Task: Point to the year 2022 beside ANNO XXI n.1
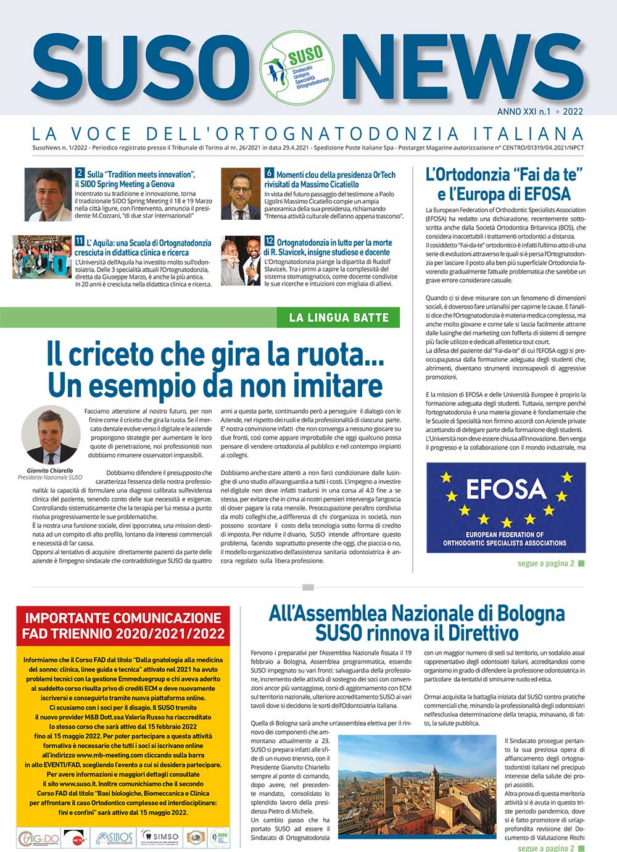click(572, 112)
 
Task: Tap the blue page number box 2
click(80, 173)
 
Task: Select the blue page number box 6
click(269, 173)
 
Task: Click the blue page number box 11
click(80, 241)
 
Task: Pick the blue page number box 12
click(269, 241)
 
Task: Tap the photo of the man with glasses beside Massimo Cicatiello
click(240, 194)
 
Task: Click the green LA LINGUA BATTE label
click(339, 317)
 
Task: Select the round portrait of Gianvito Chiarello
click(50, 435)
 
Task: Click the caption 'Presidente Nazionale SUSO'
click(50, 477)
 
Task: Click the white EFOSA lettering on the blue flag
click(506, 489)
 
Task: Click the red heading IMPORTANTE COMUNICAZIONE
click(123, 618)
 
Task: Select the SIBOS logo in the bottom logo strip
click(114, 837)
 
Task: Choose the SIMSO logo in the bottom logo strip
click(160, 837)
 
